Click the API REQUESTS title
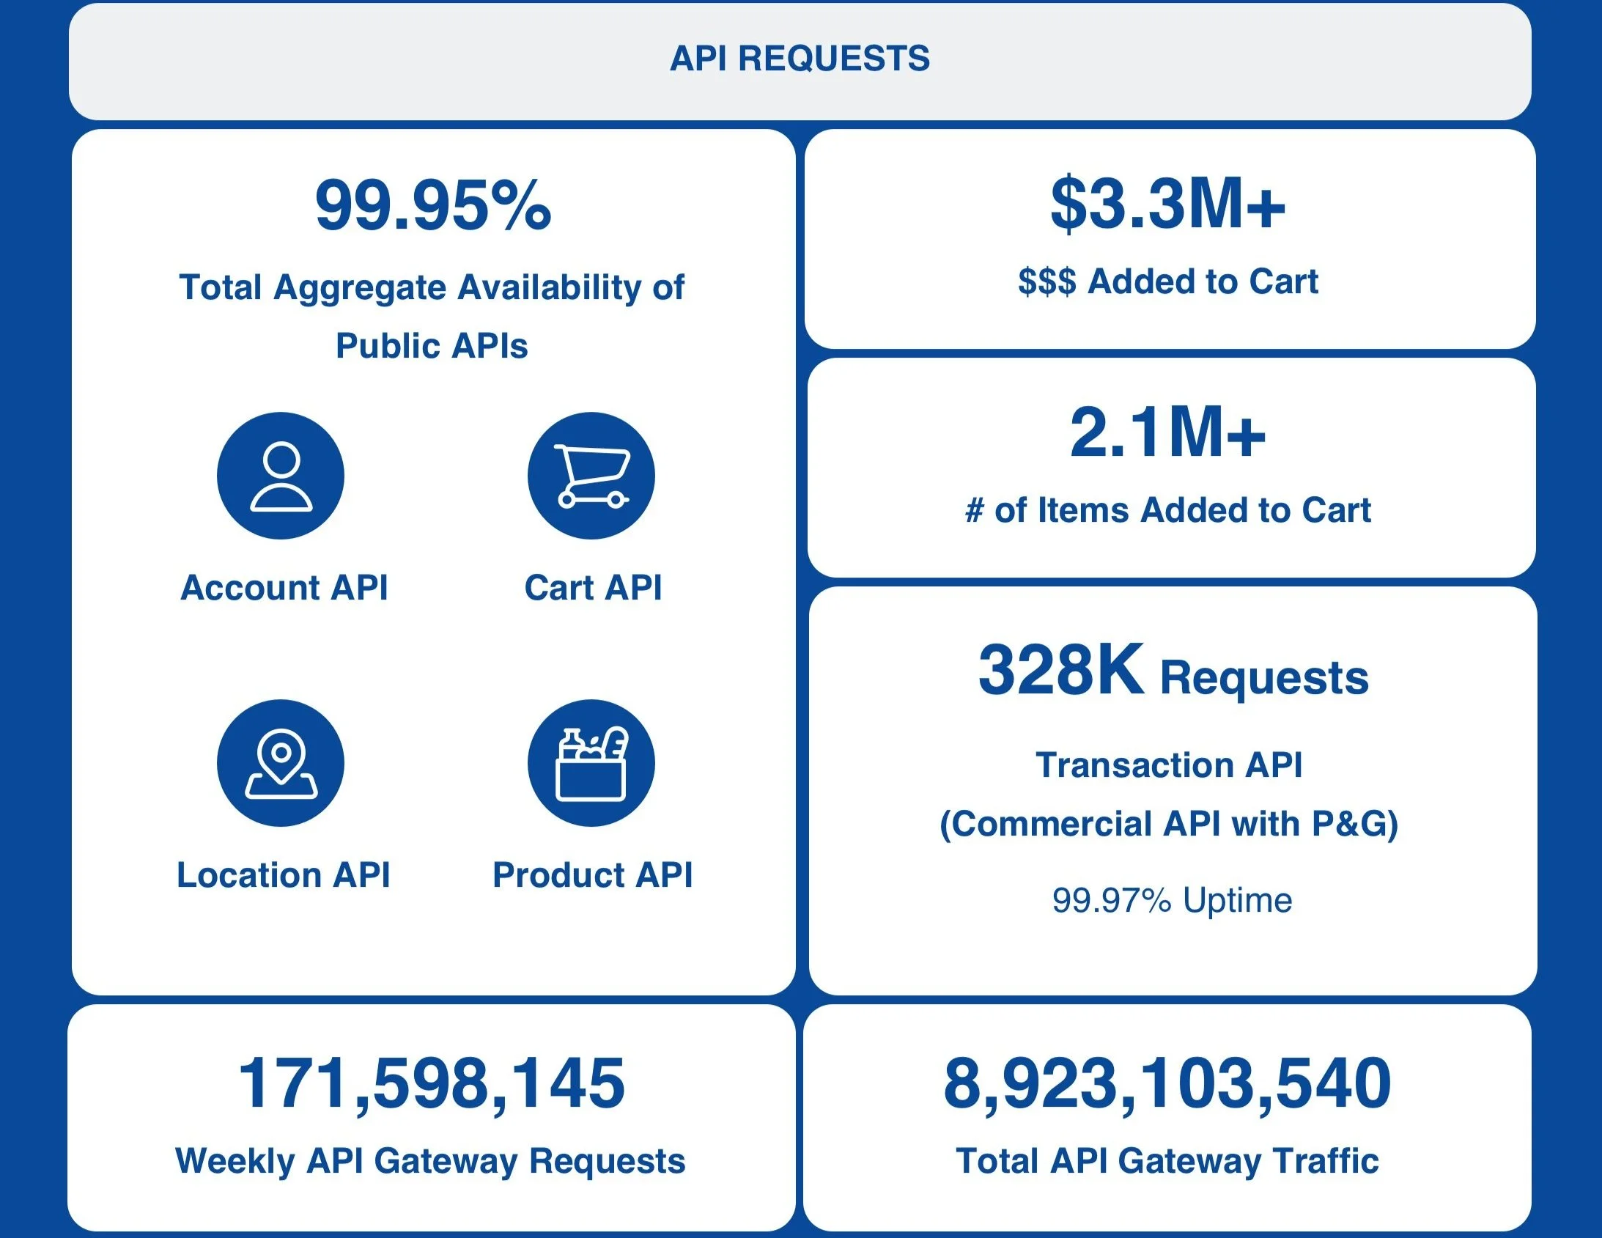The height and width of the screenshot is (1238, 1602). [800, 59]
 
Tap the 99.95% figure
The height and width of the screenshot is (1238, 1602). [433, 205]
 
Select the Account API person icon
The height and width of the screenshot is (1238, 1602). [280, 476]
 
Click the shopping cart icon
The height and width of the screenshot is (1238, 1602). [591, 476]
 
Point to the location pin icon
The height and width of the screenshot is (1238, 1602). [280, 763]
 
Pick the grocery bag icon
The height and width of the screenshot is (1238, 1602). [591, 763]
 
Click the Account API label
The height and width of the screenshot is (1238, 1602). [284, 588]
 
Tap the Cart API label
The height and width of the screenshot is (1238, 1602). [593, 588]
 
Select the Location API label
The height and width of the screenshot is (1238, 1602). [283, 874]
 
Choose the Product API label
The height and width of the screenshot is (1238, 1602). [592, 874]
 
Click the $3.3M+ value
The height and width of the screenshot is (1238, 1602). [1167, 204]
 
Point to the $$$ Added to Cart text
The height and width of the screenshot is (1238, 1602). [1167, 281]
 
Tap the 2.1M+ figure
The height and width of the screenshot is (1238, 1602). [1167, 433]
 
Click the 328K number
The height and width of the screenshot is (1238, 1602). [1060, 669]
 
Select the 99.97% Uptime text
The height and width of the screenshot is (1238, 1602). [1171, 900]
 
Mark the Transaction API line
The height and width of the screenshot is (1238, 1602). [1169, 765]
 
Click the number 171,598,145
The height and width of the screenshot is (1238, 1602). [432, 1083]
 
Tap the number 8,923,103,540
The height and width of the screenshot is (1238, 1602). [1167, 1083]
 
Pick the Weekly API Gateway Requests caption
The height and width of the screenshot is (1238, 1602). [431, 1162]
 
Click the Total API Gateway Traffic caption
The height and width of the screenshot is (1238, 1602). [1167, 1162]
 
